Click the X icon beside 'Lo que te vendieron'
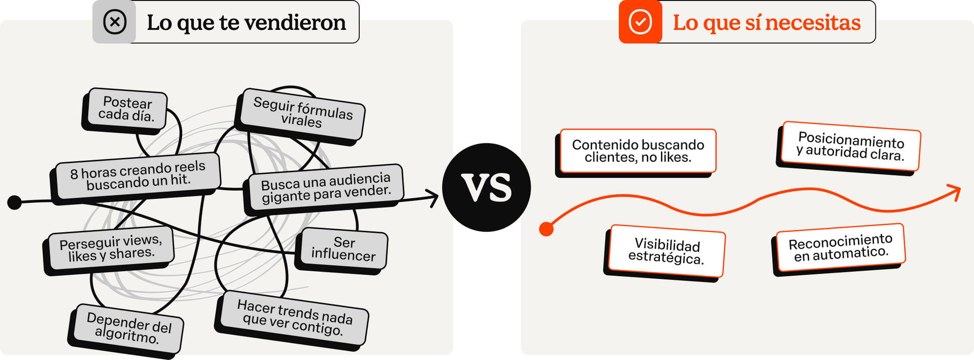pos(115,22)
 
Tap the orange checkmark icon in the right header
pos(640,22)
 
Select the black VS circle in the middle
pos(486,188)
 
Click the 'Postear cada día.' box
pos(126,110)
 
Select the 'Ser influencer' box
pos(343,249)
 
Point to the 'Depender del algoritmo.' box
pos(128,328)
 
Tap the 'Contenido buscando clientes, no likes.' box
pos(638,151)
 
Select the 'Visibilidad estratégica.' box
pos(667,251)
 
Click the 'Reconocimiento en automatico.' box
pos(840,248)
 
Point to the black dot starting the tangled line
pos(15,202)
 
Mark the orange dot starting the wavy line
pos(546,229)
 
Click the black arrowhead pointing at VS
pos(433,198)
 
